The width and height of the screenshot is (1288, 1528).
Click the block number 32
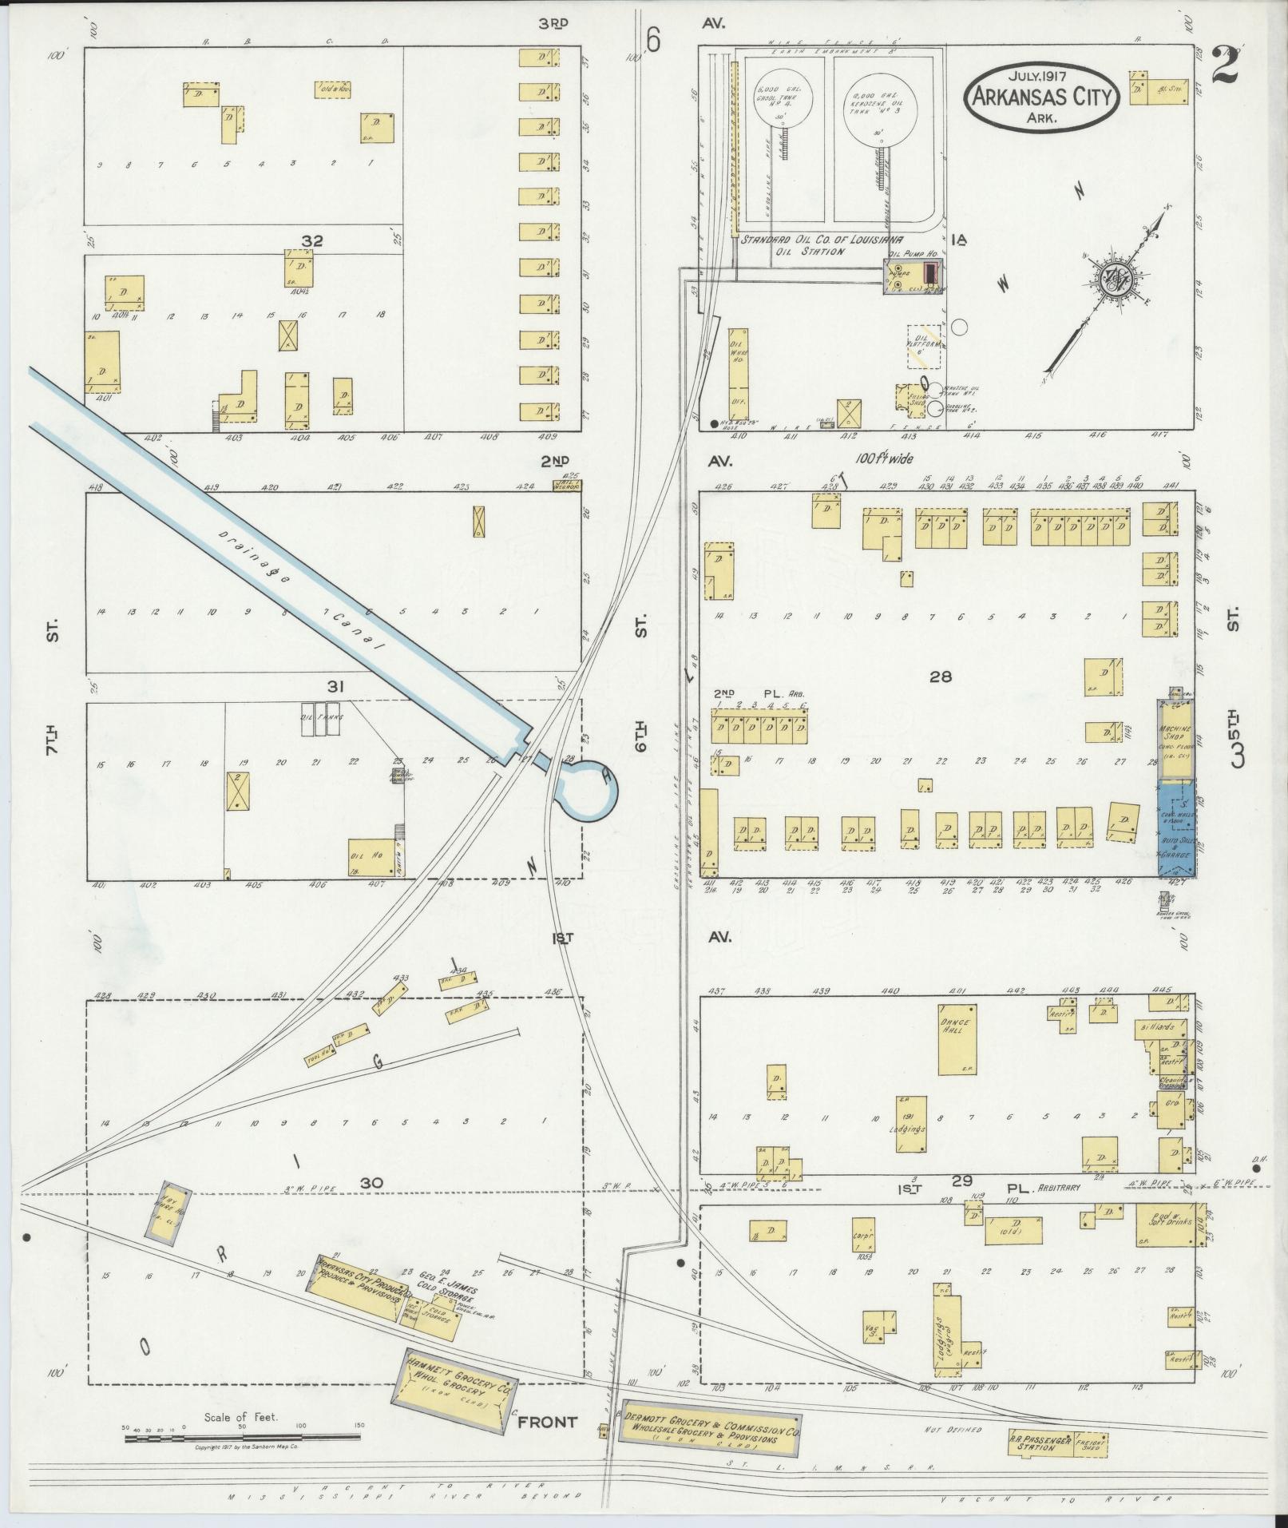[311, 240]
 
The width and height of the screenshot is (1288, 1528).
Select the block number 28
[941, 677]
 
